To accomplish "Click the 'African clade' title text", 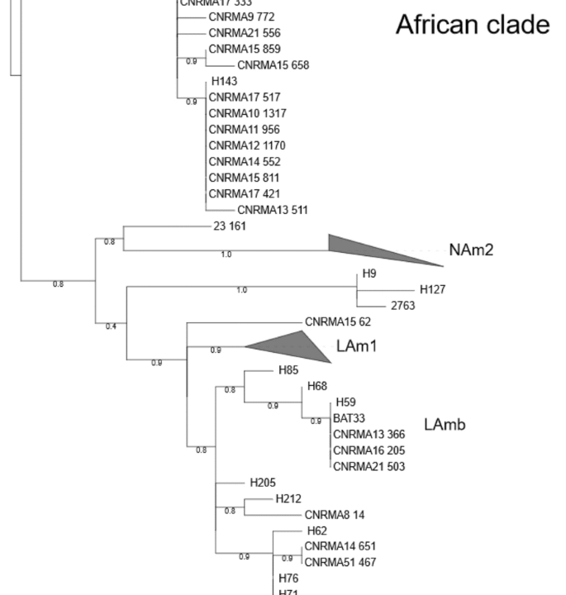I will (472, 25).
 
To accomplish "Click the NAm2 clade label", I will (471, 250).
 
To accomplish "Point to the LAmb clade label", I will (445, 426).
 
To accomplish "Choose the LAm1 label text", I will (356, 346).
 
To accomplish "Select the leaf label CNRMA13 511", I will (272, 210).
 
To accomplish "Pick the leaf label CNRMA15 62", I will (338, 322).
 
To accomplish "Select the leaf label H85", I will (288, 370).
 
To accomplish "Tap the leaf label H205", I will (263, 483).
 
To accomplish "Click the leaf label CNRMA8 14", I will (334, 515).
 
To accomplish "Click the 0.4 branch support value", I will (111, 326).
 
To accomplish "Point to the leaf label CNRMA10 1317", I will (247, 113).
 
